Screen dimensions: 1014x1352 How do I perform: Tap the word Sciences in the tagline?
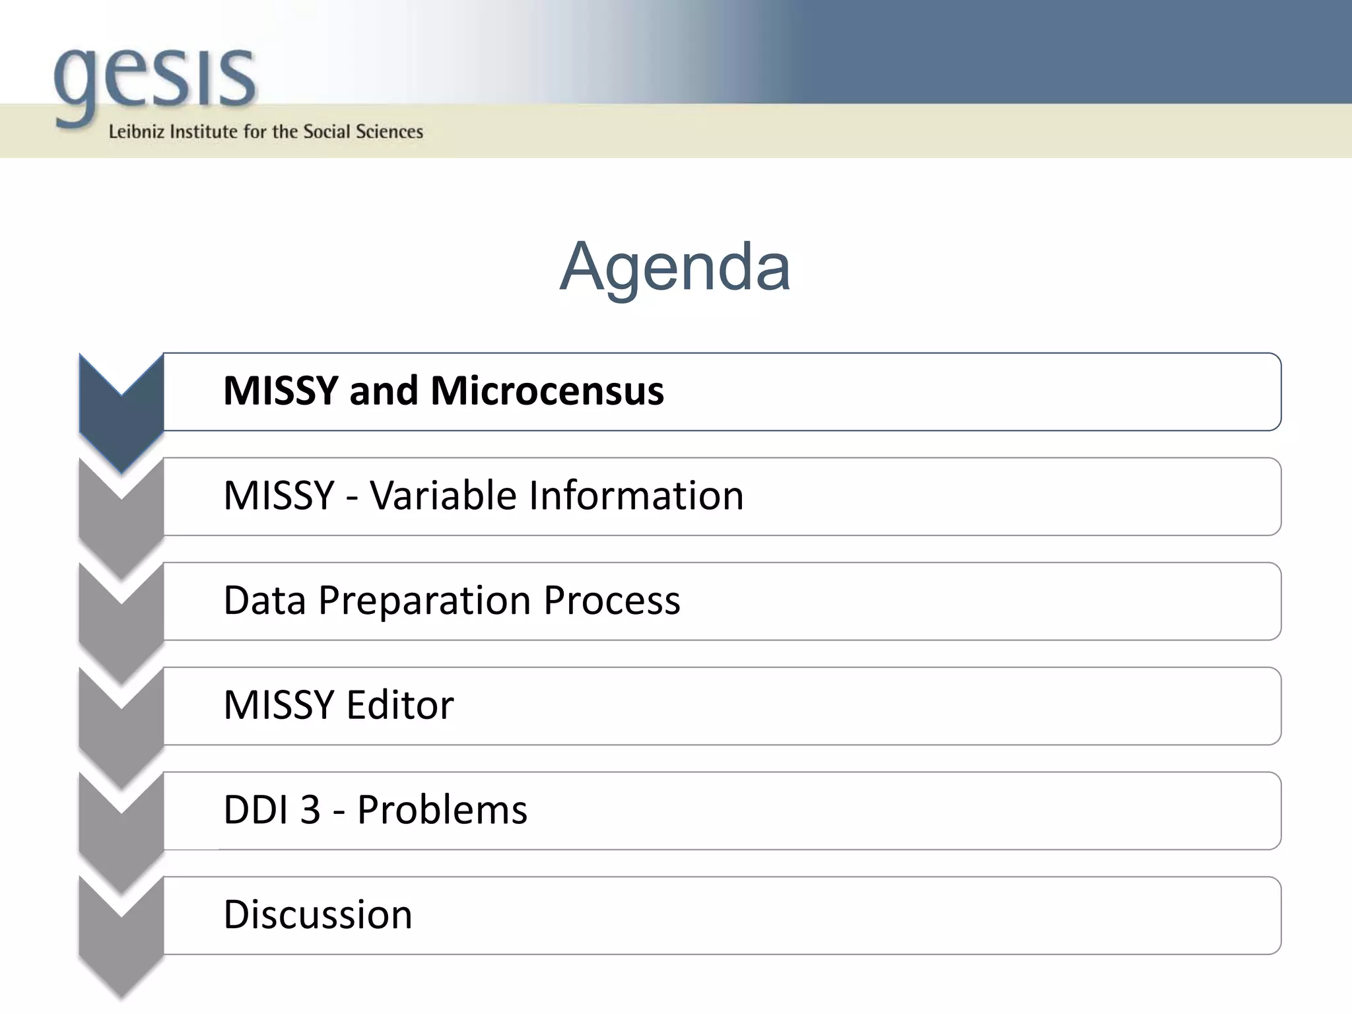point(389,131)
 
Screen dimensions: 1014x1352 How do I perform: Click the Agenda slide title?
point(675,267)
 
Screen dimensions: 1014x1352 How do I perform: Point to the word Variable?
point(443,496)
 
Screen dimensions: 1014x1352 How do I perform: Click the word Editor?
point(400,705)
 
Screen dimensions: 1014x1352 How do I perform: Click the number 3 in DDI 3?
point(310,810)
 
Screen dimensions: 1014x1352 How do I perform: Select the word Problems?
point(442,810)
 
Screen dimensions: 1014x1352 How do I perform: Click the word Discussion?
point(318,915)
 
